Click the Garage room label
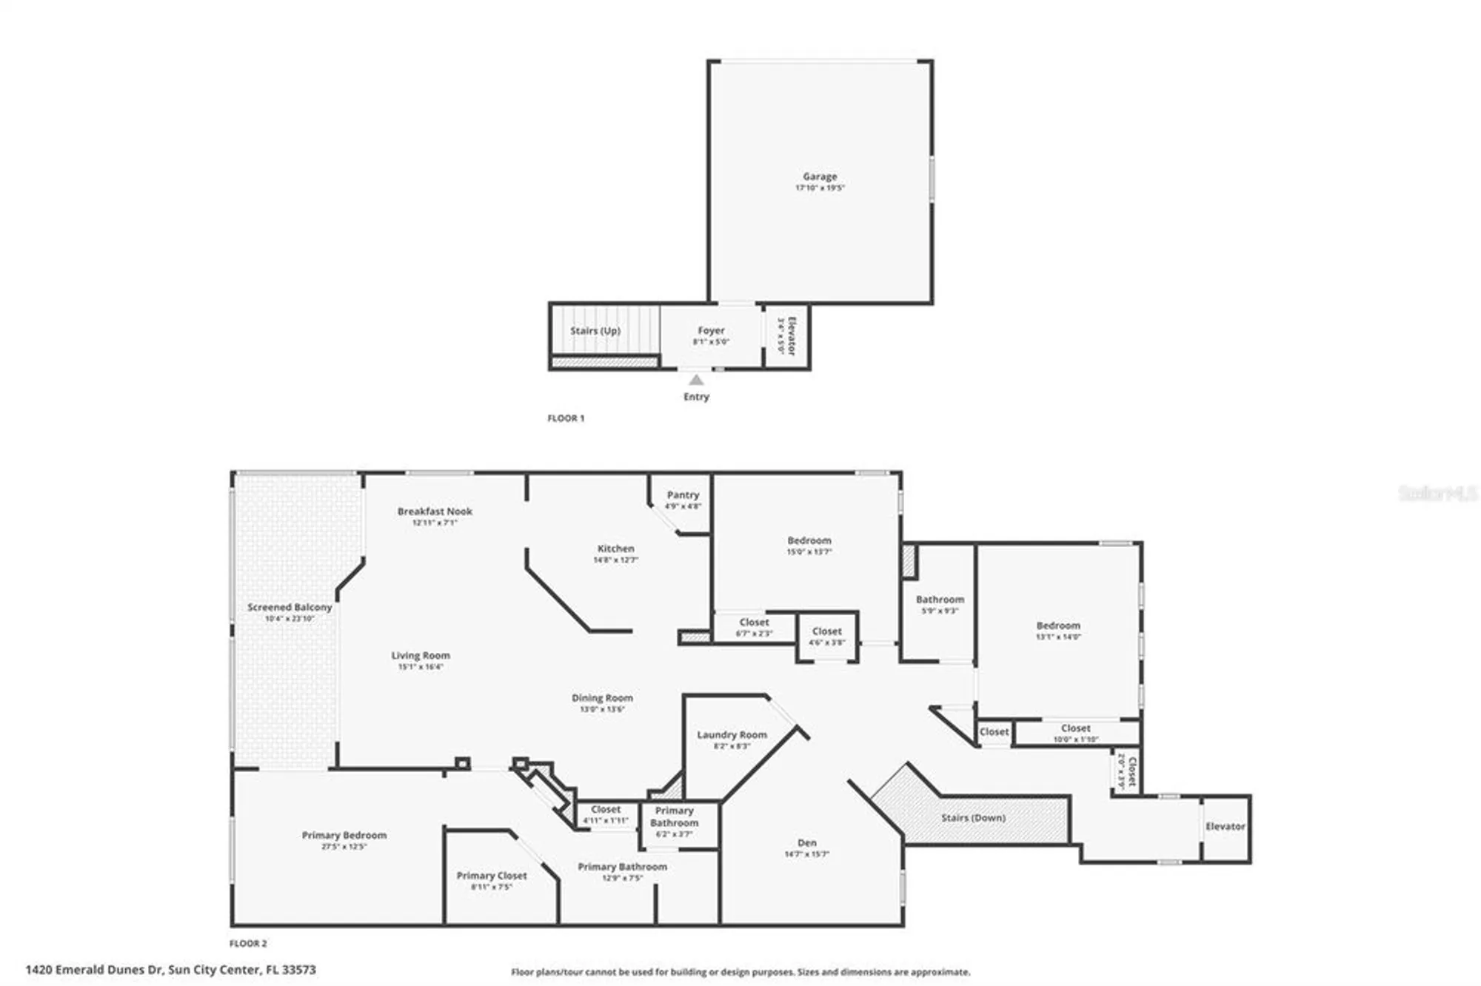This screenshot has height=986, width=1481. tap(820, 176)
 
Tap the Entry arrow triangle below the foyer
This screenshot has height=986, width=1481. tap(696, 380)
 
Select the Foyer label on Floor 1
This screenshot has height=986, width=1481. tap(711, 330)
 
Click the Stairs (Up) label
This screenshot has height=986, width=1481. tap(595, 330)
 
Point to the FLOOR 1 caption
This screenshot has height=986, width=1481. tap(566, 418)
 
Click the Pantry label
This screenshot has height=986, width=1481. tap(683, 494)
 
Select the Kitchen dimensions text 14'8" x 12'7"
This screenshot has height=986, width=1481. tap(615, 560)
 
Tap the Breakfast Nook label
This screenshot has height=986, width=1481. tap(435, 511)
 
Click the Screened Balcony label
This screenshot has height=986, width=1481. tap(290, 607)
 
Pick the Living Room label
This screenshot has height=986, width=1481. tap(421, 655)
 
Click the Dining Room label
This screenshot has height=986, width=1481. tap(602, 697)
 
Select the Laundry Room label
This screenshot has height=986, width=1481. tap(732, 734)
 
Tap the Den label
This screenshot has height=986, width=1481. tap(807, 842)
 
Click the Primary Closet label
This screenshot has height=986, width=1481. tap(492, 875)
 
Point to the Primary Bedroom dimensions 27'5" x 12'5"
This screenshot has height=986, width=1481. tap(344, 846)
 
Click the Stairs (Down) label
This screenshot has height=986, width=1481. tap(973, 817)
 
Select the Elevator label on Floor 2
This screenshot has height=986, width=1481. tap(1225, 826)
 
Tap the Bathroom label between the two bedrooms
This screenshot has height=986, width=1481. tap(940, 599)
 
